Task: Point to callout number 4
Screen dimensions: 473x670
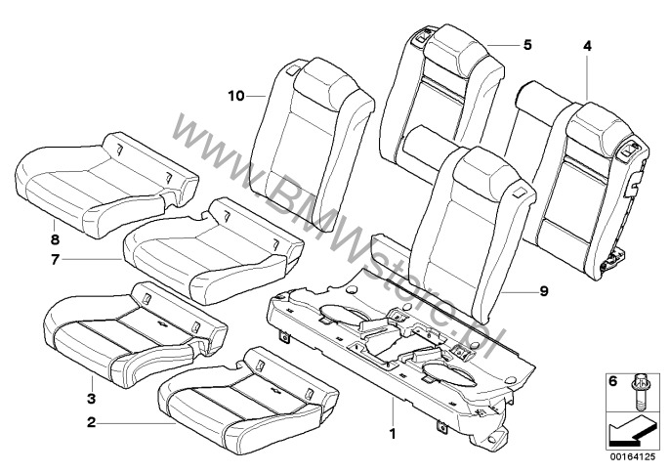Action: click(x=587, y=44)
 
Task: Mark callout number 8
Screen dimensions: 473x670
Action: click(x=55, y=236)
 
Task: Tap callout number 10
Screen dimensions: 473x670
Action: click(x=234, y=96)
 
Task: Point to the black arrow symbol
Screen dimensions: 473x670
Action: click(x=629, y=428)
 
